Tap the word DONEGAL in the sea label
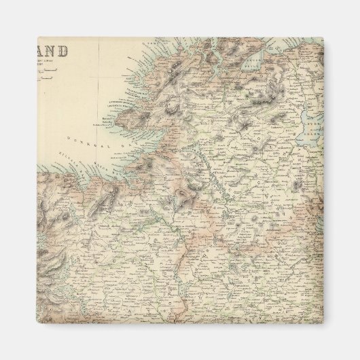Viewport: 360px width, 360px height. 81,139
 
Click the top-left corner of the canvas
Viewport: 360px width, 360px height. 37,37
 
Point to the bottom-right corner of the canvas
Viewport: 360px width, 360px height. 323,323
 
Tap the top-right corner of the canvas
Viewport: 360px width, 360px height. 323,37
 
